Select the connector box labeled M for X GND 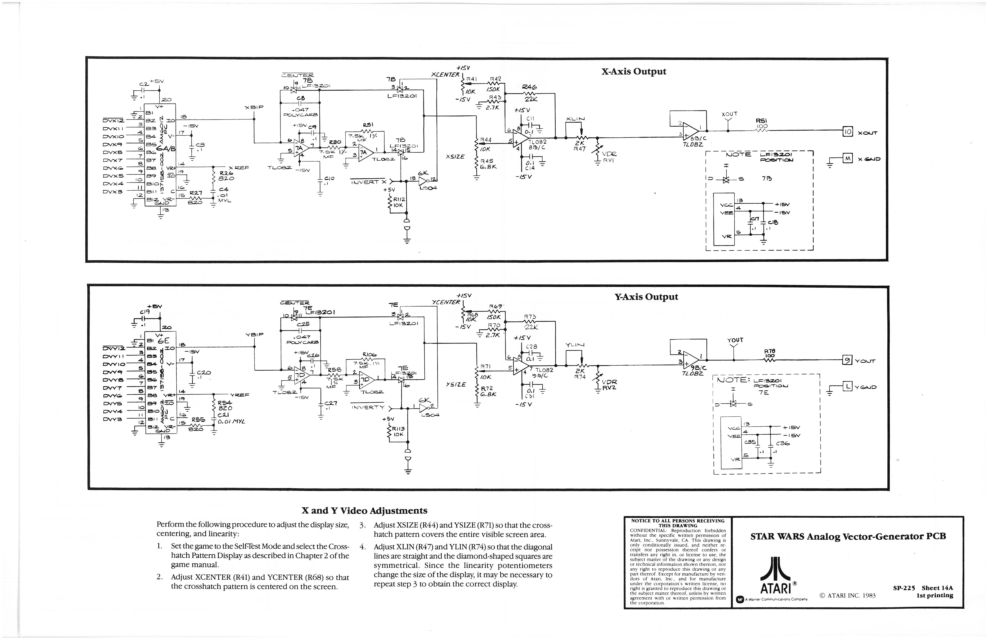[847, 158]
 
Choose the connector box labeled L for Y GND [847, 387]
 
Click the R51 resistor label [762, 121]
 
